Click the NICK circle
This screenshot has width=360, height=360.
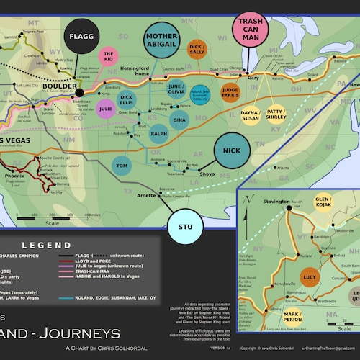coord(231,150)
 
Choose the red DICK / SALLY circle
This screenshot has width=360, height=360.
coord(196,49)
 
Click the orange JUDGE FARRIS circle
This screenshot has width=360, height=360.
coord(230,92)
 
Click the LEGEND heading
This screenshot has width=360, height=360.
coord(46,246)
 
